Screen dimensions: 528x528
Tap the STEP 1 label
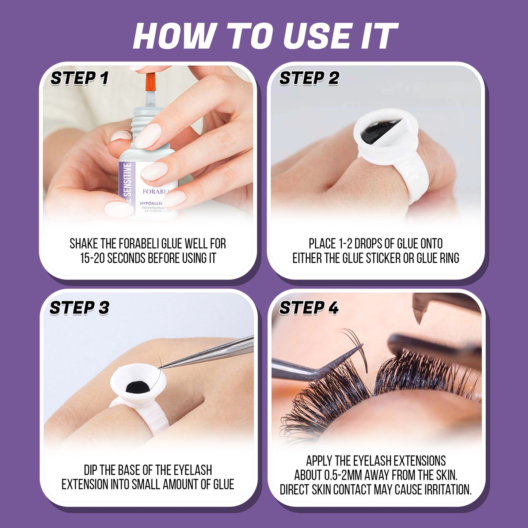point(80,78)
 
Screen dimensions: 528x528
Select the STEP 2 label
point(309,78)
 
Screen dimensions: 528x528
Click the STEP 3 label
point(80,308)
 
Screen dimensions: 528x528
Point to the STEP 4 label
point(309,308)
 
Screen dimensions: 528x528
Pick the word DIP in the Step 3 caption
point(91,470)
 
